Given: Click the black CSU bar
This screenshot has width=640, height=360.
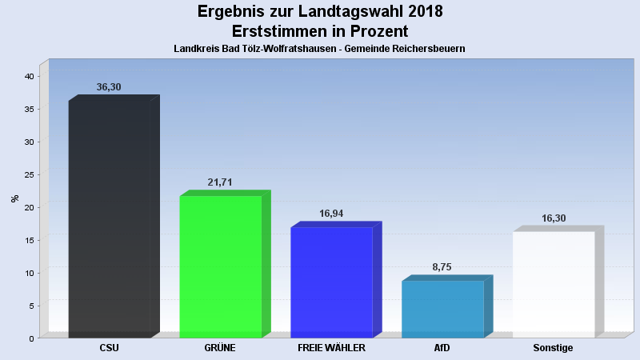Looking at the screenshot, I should pyautogui.click(x=110, y=218).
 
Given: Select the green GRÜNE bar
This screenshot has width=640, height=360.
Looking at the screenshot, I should pyautogui.click(x=221, y=266).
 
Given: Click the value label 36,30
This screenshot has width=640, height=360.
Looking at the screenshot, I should pyautogui.click(x=109, y=86).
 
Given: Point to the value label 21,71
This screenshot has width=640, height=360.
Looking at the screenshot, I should pyautogui.click(x=220, y=182).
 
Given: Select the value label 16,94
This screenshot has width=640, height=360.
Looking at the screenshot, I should pyautogui.click(x=331, y=214).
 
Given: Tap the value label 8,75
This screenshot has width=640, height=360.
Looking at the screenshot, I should pyautogui.click(x=442, y=267).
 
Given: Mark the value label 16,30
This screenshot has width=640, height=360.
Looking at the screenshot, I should pyautogui.click(x=554, y=218).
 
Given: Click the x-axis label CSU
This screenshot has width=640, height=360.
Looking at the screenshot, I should pyautogui.click(x=110, y=348).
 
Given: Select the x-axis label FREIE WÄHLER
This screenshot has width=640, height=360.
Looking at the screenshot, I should pyautogui.click(x=331, y=348).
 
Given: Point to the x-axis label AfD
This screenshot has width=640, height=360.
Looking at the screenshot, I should pyautogui.click(x=442, y=348).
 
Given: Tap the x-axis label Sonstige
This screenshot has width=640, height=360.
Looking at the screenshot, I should pyautogui.click(x=554, y=348).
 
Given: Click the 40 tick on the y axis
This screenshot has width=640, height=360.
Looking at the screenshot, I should pyautogui.click(x=29, y=76).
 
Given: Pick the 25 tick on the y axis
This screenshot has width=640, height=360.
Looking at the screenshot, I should pyautogui.click(x=29, y=174).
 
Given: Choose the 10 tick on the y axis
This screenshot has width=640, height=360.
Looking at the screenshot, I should pyautogui.click(x=29, y=273).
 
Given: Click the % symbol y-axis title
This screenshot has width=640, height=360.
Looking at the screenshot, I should pyautogui.click(x=14, y=198).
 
